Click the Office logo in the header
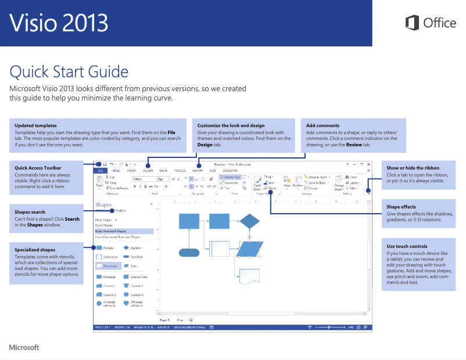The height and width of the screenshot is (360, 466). pyautogui.click(x=431, y=23)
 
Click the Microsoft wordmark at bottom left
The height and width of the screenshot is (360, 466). pyautogui.click(x=24, y=347)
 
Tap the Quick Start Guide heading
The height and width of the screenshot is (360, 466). pyautogui.click(x=69, y=72)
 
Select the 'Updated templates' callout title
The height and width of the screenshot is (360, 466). pyautogui.click(x=35, y=125)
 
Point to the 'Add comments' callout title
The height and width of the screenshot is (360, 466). pyautogui.click(x=322, y=125)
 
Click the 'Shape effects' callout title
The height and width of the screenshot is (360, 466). pyautogui.click(x=401, y=207)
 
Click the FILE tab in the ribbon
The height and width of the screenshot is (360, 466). pyautogui.click(x=101, y=171)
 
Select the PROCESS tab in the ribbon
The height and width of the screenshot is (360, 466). pyautogui.click(x=180, y=171)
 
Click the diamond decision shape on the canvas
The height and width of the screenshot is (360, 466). pyautogui.click(x=250, y=221)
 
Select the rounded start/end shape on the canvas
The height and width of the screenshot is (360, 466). pyautogui.click(x=189, y=252)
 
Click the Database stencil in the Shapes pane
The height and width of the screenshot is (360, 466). pyautogui.click(x=105, y=277)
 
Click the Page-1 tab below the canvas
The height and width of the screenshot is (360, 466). pyautogui.click(x=164, y=319)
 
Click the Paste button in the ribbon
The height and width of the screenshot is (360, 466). pyautogui.click(x=99, y=183)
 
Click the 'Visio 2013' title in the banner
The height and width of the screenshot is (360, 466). pyautogui.click(x=59, y=23)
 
